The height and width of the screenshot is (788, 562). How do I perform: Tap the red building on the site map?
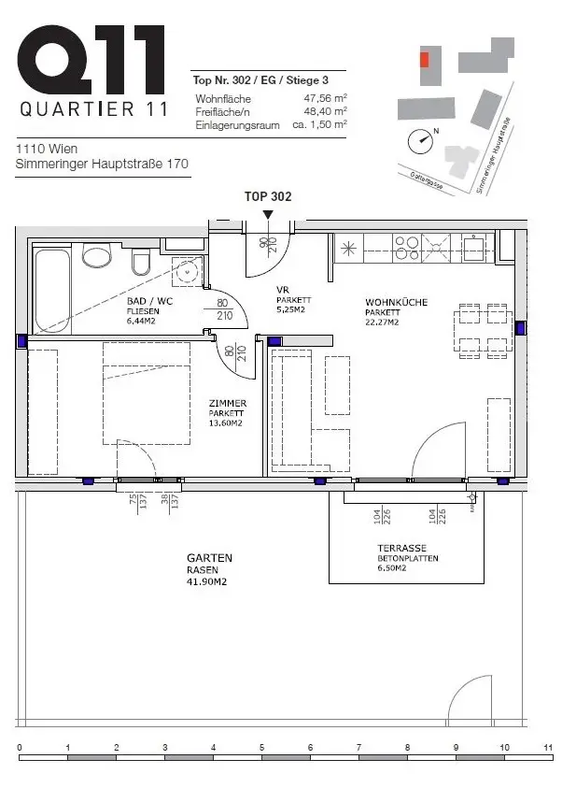425,59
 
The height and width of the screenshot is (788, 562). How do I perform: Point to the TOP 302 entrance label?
268,196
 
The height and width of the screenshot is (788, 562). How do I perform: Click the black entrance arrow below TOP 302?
269,215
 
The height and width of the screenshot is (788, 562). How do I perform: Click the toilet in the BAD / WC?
97,254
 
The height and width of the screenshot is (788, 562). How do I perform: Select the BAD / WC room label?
150,302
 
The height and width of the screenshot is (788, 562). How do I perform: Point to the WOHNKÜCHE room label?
395,302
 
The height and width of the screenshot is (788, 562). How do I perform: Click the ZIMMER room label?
227,404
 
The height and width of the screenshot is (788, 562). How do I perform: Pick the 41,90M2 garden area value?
207,581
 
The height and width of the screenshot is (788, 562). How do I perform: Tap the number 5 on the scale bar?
261,748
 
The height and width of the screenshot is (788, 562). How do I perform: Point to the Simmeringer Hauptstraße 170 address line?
103,165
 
